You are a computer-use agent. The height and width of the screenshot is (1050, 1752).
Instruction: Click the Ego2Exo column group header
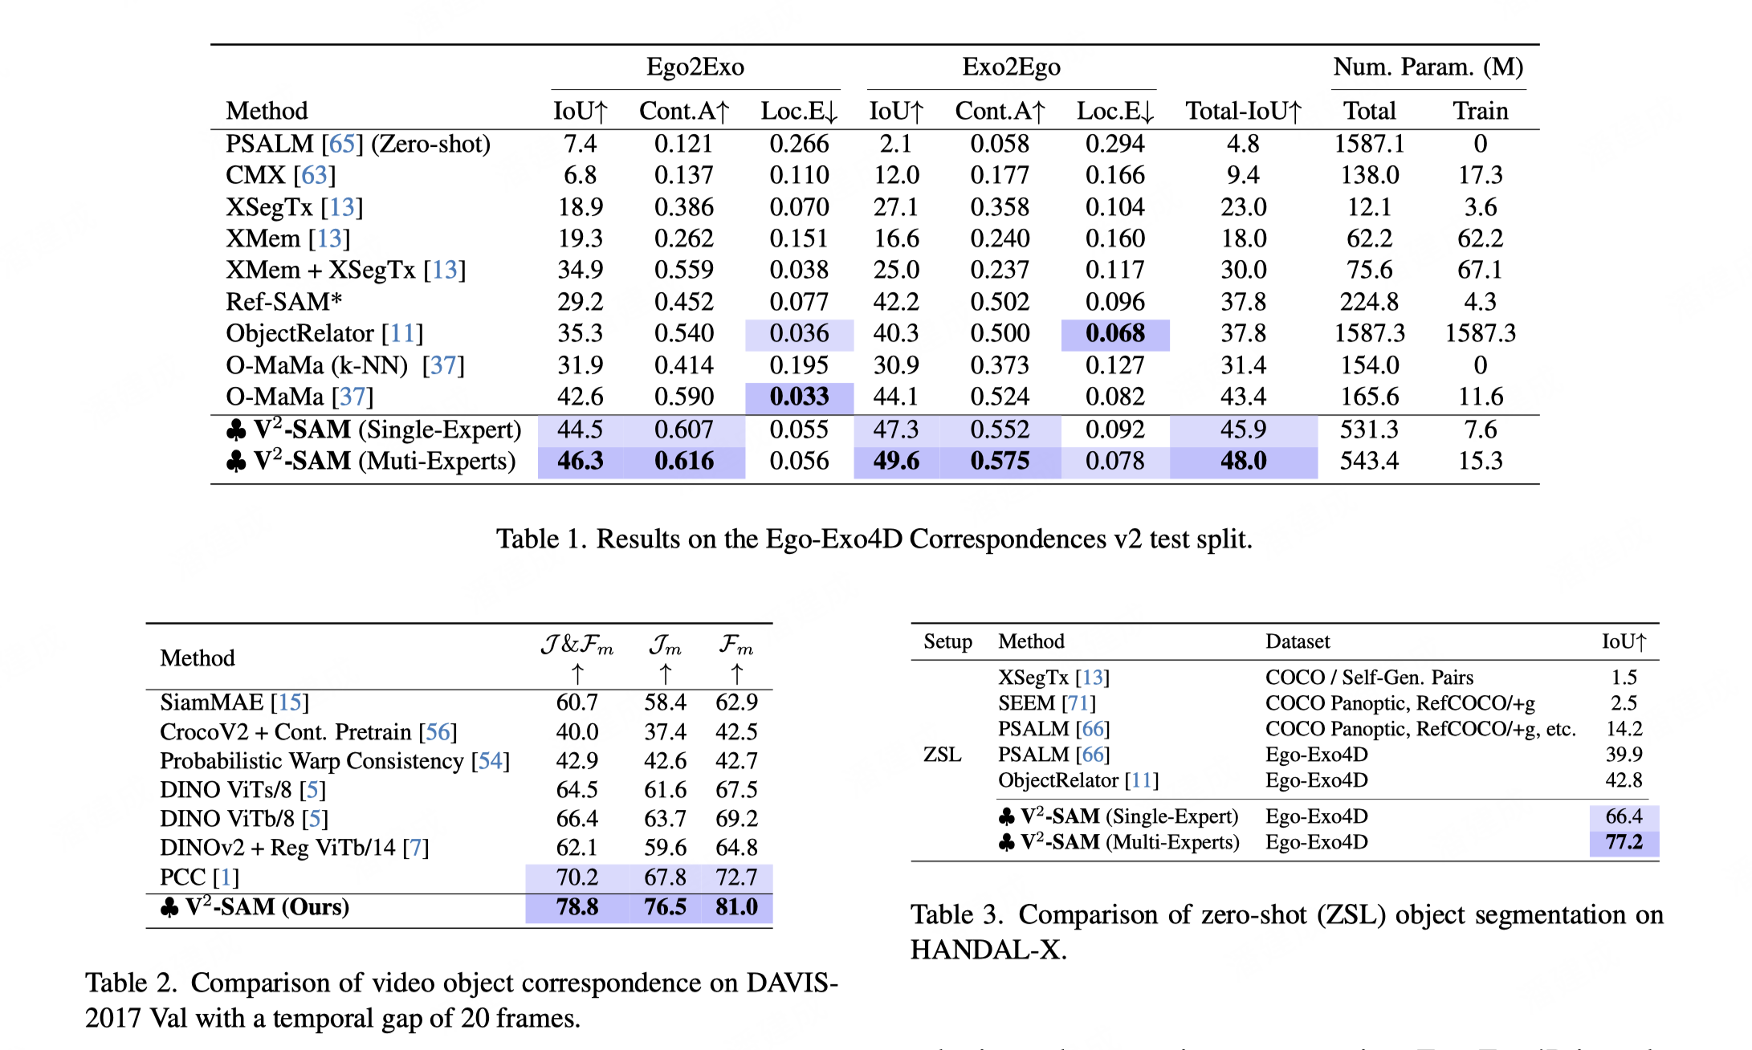(x=695, y=67)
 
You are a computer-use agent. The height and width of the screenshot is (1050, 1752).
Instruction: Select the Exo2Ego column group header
(x=1011, y=67)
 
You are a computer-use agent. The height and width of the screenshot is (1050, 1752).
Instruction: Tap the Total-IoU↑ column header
(x=1243, y=111)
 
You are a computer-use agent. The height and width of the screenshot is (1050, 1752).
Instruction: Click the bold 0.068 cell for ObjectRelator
(x=1114, y=334)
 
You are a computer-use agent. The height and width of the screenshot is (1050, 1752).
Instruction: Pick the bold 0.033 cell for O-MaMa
(x=799, y=397)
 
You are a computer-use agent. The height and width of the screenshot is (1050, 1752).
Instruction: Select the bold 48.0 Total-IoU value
(x=1243, y=461)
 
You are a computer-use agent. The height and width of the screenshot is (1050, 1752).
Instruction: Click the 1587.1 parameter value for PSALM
(x=1369, y=144)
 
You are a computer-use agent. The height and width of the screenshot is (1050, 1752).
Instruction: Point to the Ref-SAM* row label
(x=284, y=302)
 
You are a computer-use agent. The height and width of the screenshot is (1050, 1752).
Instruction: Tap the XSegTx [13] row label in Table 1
(x=294, y=207)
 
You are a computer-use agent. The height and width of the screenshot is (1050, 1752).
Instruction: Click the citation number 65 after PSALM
(x=342, y=144)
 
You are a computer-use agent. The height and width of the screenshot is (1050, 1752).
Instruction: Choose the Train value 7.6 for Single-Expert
(x=1480, y=429)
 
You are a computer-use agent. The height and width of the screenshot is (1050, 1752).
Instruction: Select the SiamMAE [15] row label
(x=234, y=702)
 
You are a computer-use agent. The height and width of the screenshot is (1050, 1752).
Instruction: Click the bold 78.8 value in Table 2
(x=577, y=907)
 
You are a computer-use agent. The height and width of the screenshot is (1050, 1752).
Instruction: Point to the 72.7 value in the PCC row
(x=736, y=877)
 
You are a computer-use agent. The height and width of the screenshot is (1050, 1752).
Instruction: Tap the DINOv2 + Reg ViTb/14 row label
(x=294, y=848)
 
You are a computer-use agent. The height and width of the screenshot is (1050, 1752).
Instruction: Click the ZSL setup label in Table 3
(x=942, y=755)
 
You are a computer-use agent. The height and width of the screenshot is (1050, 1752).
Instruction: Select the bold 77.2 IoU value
(x=1624, y=842)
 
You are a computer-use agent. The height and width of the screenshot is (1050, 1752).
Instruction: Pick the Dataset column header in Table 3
(x=1297, y=641)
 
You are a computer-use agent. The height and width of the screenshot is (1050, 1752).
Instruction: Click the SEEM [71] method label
(x=1046, y=703)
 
